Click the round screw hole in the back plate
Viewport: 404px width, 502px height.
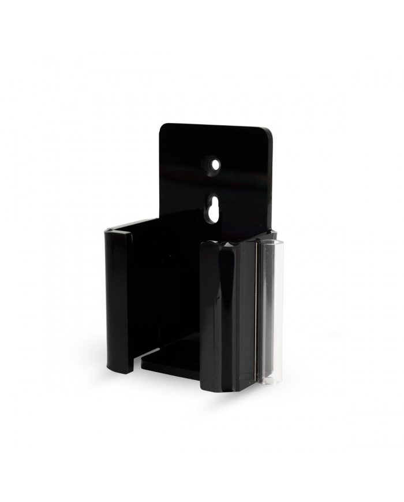[x=215, y=165]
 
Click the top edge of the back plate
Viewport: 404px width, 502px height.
[x=216, y=125]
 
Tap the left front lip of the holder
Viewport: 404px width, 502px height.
[x=119, y=300]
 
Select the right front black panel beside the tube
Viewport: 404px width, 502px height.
[x=228, y=312]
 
